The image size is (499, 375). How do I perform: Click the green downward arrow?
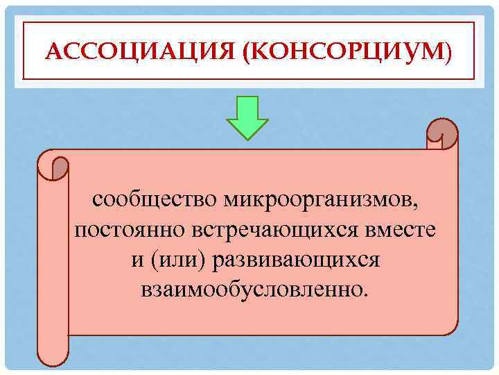[248, 119]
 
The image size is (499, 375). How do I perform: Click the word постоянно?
[121, 230]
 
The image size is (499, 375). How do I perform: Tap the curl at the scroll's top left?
[55, 166]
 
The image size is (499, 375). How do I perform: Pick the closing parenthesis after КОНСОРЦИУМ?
[448, 52]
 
